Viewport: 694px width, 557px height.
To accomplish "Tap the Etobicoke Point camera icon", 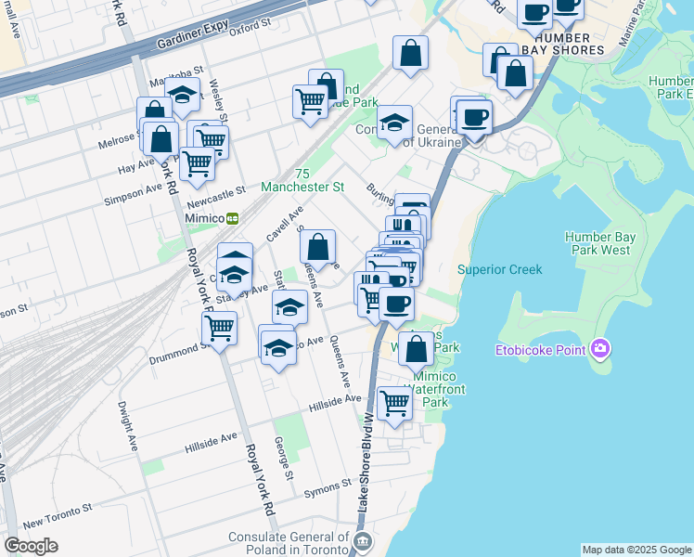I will [x=600, y=348].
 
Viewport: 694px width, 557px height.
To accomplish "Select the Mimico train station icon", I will [x=232, y=218].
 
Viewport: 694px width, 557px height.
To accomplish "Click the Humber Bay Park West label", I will [x=600, y=243].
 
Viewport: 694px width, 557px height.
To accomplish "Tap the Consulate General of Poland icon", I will [x=362, y=541].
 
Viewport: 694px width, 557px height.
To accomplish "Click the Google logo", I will [x=32, y=546].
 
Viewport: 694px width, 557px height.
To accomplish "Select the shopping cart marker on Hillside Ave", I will [x=395, y=403].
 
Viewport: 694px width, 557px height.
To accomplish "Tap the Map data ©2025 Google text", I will [x=636, y=550].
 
